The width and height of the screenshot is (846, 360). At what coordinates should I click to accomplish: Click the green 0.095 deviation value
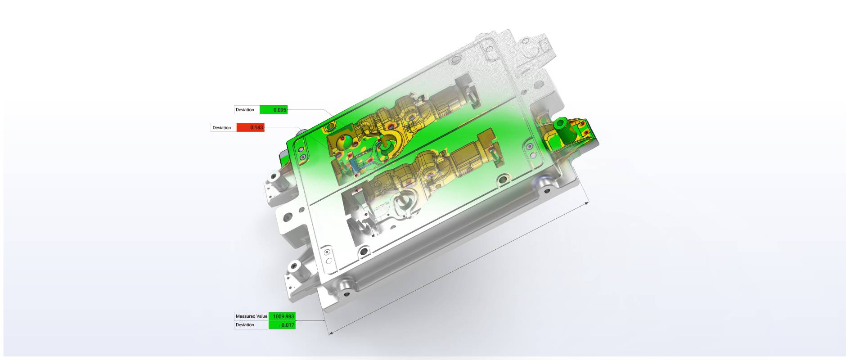click(279, 110)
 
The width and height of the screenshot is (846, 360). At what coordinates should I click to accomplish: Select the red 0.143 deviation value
click(256, 128)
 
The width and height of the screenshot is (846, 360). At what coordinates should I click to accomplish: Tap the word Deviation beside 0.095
click(245, 110)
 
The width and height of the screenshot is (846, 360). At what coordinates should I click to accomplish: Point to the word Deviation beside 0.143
click(221, 128)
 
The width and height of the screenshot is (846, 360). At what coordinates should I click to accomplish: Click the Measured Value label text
click(252, 316)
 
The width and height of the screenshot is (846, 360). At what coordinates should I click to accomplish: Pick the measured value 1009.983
click(283, 316)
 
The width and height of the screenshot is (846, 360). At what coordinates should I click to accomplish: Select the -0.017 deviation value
click(286, 325)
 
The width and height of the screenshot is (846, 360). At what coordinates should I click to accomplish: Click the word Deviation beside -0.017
click(245, 325)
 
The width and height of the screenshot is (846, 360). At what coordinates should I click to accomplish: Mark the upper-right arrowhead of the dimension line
click(586, 203)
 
